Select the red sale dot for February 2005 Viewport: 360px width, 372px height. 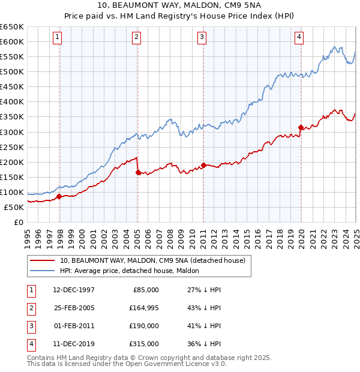pos(138,173)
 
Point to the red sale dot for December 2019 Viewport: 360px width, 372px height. pos(301,127)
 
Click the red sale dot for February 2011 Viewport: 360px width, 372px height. pos(203,165)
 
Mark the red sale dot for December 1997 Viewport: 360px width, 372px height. pos(59,196)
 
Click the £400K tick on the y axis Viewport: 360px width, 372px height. pos(11,101)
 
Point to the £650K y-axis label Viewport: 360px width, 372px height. pos(11,26)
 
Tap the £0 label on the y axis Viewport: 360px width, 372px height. pos(18,222)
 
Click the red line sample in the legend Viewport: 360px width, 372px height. pos(42,261)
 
